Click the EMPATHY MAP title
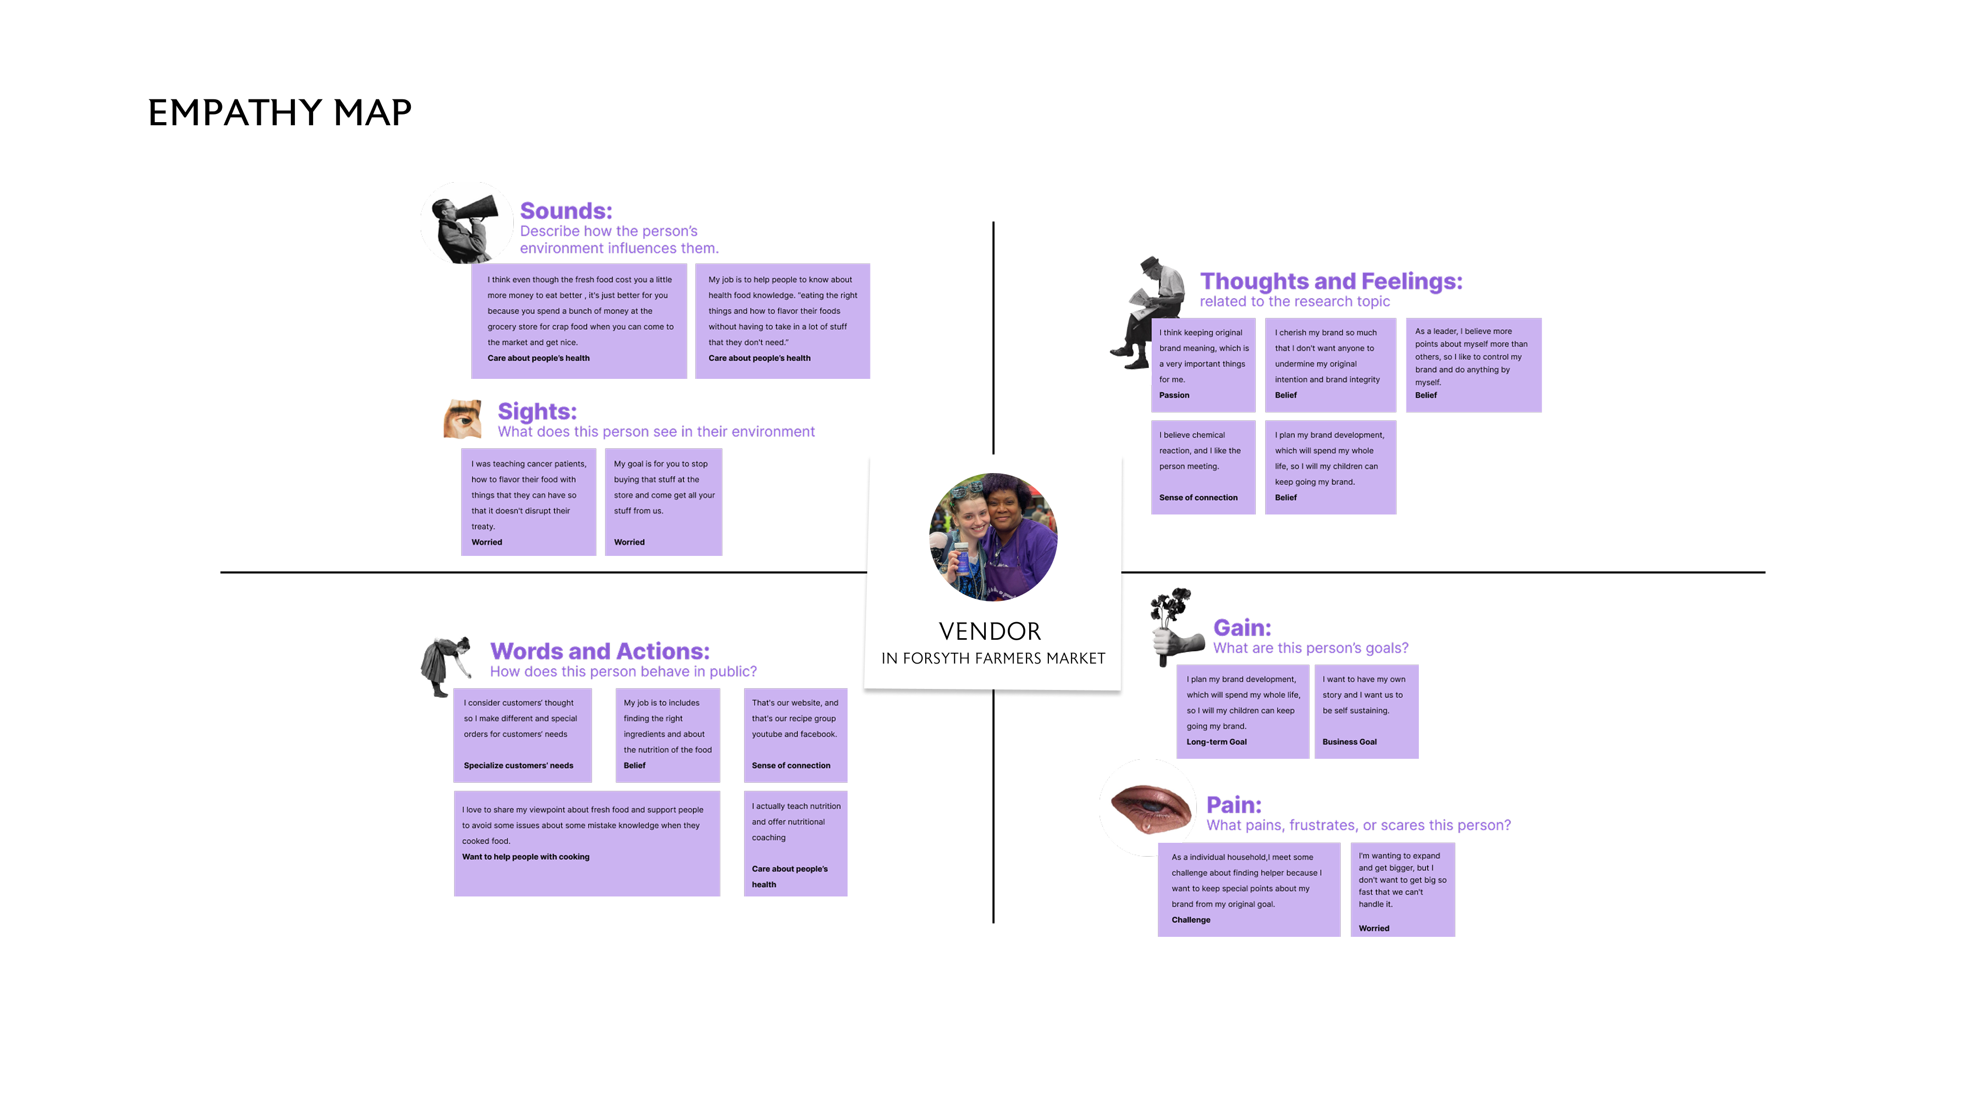[279, 113]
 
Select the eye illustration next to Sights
[463, 419]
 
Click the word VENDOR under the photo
[990, 631]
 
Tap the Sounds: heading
[566, 211]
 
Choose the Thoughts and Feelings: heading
[1330, 281]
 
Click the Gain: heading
[1242, 627]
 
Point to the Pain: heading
[1234, 805]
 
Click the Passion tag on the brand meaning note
[1174, 395]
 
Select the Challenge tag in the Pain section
[1190, 920]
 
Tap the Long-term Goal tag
[1217, 742]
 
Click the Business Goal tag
[1349, 742]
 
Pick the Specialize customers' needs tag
[518, 766]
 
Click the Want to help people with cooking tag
[525, 857]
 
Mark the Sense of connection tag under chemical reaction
[1198, 497]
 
